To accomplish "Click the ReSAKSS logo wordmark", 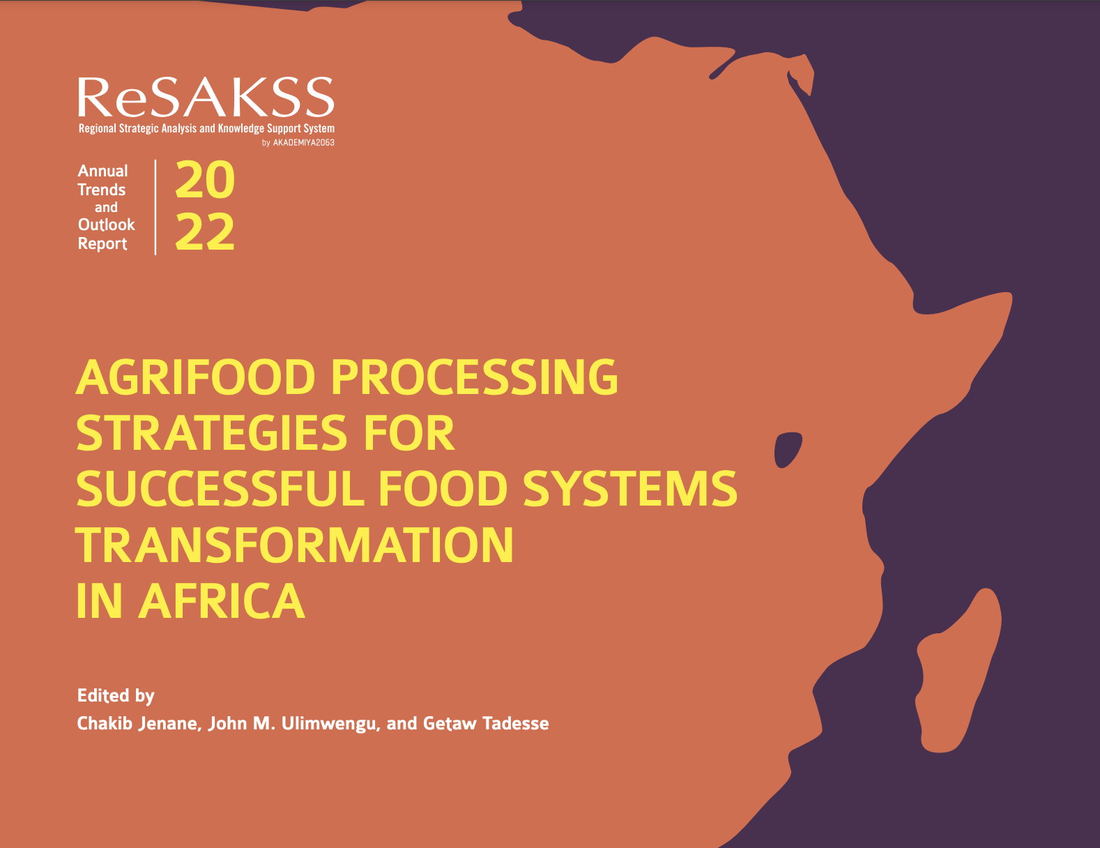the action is pyautogui.click(x=206, y=97).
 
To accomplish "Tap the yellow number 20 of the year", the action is pyautogui.click(x=205, y=180).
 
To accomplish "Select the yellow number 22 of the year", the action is pyautogui.click(x=205, y=232).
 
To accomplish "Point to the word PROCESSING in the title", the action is pyautogui.click(x=474, y=377).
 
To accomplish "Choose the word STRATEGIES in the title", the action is pyautogui.click(x=212, y=433).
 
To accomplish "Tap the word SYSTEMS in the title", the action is pyautogui.click(x=629, y=489).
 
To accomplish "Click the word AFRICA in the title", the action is pyautogui.click(x=222, y=600).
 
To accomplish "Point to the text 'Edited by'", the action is pyautogui.click(x=116, y=696).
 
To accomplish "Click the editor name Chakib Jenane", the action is pyautogui.click(x=139, y=724).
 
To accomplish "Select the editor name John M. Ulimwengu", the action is pyautogui.click(x=294, y=724).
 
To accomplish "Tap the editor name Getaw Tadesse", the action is pyautogui.click(x=486, y=723).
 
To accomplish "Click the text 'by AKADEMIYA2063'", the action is pyautogui.click(x=298, y=143).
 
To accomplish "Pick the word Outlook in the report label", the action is pyautogui.click(x=106, y=225).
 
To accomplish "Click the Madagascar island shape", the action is pyautogui.click(x=958, y=674).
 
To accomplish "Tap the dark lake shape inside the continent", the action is pyautogui.click(x=787, y=450).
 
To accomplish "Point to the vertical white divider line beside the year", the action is pyautogui.click(x=155, y=207).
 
